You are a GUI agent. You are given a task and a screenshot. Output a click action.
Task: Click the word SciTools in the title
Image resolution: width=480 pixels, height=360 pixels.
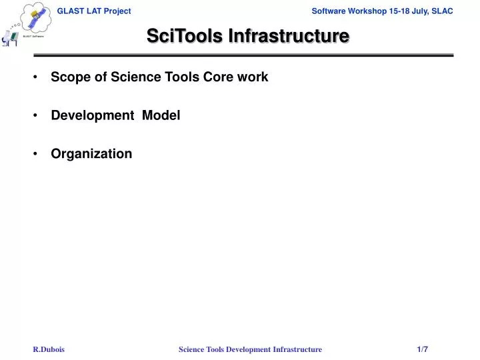click(x=185, y=36)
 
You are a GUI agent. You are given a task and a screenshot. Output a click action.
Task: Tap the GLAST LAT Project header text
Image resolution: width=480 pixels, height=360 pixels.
click(x=93, y=11)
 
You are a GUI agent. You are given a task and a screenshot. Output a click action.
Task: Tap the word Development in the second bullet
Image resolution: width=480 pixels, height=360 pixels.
click(x=92, y=115)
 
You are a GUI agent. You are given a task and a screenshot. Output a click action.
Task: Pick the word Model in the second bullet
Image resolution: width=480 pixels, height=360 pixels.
click(x=161, y=115)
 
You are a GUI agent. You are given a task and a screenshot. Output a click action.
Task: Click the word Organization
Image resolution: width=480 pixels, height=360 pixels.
click(x=91, y=154)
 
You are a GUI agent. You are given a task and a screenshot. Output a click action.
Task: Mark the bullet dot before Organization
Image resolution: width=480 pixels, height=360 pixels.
click(x=35, y=154)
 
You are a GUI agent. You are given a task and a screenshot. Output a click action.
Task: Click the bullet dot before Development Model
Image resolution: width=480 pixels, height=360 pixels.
click(x=35, y=115)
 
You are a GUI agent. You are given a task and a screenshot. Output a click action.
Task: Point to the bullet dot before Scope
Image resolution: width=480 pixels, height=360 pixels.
click(x=35, y=77)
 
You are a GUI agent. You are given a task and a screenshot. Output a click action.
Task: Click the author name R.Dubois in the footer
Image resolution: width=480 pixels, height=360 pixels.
click(x=49, y=349)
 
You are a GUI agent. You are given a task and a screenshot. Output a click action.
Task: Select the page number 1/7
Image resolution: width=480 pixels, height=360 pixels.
click(x=423, y=349)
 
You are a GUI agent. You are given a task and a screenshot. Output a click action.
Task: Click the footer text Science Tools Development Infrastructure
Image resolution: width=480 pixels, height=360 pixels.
click(x=250, y=349)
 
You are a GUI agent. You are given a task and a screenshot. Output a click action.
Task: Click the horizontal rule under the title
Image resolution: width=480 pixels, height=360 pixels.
click(x=243, y=55)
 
